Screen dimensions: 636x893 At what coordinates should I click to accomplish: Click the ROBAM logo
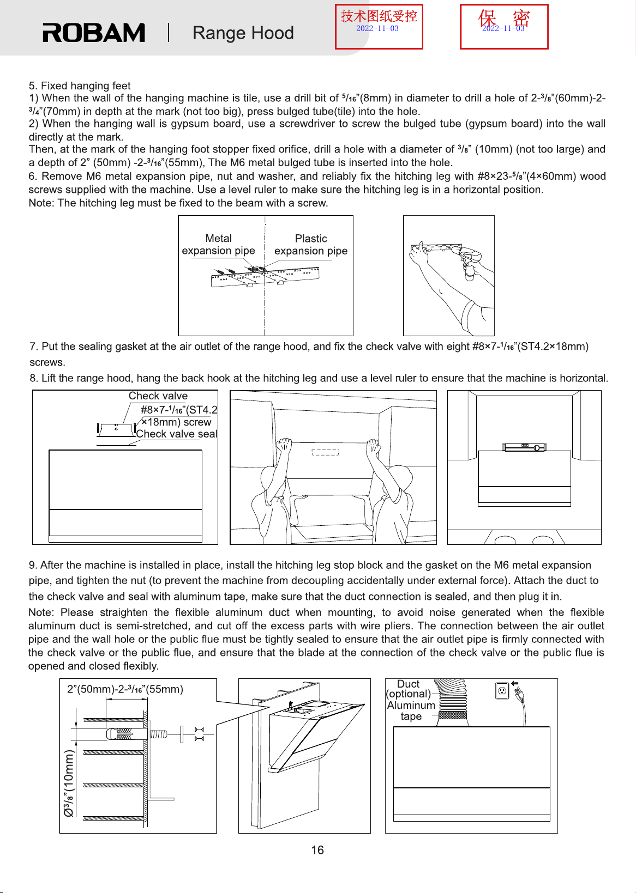coord(94,33)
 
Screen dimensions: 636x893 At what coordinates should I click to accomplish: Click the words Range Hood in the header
coord(243,33)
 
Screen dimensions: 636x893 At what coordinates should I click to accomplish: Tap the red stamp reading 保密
coord(504,27)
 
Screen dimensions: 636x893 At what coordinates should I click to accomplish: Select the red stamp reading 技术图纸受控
coord(379,27)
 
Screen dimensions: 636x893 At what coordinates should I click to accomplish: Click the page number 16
coord(317,850)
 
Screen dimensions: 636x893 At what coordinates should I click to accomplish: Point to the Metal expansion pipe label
coord(218,245)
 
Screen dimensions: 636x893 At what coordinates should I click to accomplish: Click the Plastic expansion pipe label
coord(311,245)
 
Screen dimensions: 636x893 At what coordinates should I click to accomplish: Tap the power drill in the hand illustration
coord(469,260)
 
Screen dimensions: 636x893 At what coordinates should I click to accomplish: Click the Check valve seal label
coord(177,434)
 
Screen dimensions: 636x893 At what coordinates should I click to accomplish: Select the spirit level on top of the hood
coord(524,447)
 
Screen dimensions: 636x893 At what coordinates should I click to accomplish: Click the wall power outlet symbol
coord(502,691)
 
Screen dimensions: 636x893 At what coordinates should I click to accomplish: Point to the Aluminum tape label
coord(411,711)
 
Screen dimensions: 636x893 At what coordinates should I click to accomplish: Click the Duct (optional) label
coord(409,689)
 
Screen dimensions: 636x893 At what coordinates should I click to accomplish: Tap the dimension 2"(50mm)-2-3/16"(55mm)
coord(125,689)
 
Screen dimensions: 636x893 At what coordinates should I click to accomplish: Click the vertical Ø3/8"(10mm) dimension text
coord(69,783)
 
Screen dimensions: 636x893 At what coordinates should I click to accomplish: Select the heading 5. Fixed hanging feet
coord(80,86)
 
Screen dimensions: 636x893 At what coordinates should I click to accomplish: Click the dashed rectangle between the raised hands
coord(325,452)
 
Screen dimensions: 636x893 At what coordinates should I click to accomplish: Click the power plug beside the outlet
coord(519,696)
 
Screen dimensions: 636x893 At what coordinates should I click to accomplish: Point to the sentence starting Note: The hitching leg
coord(178,203)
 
